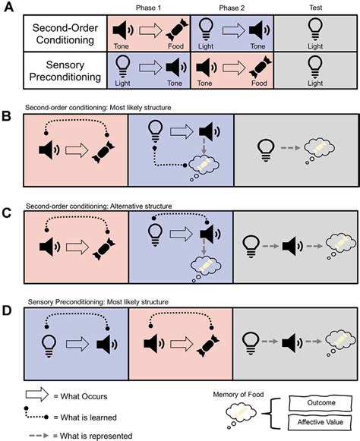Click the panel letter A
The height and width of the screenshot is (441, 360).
tap(9, 7)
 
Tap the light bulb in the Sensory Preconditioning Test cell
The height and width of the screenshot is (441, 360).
tap(311, 66)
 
